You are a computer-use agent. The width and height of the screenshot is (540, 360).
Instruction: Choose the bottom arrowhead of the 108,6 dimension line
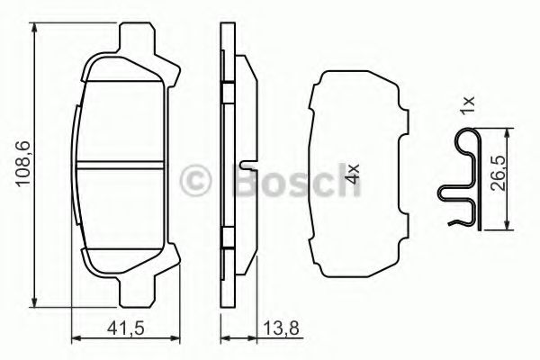(34, 302)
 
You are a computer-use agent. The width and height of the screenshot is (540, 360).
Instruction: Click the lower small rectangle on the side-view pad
(229, 239)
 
